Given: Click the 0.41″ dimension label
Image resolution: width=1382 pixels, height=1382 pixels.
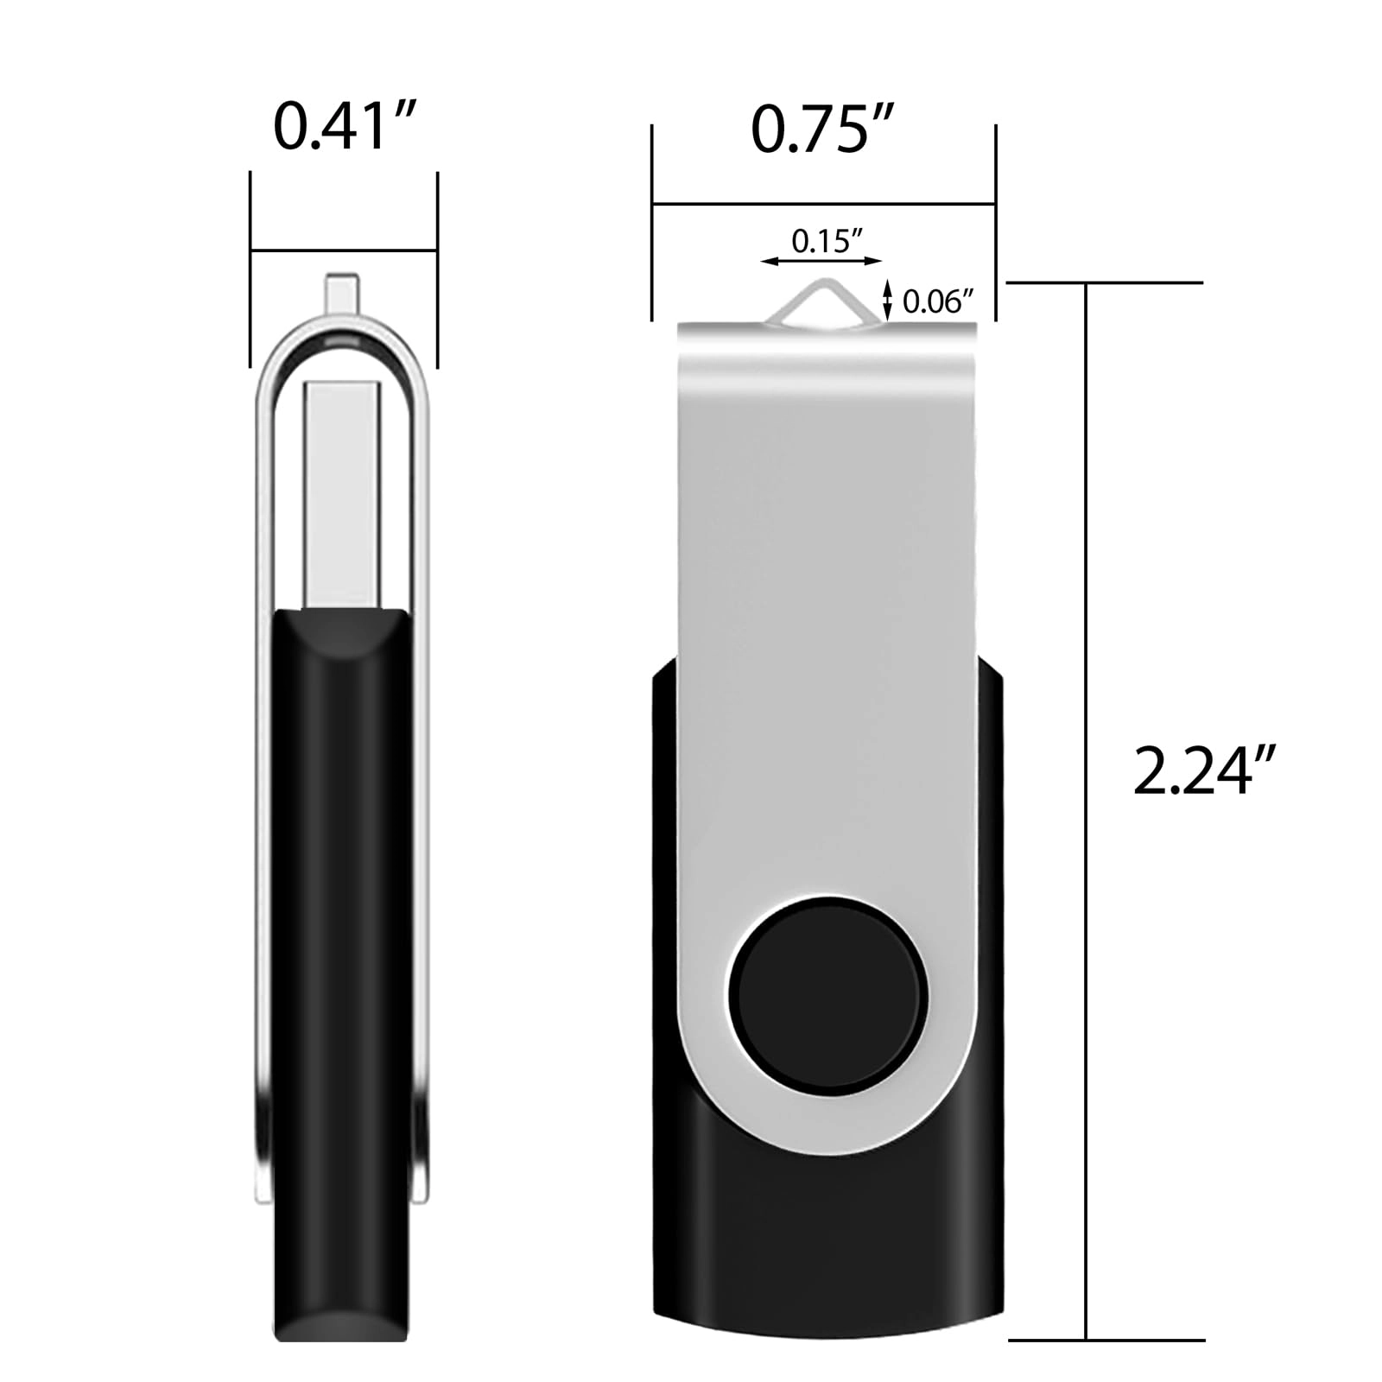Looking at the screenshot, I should (345, 127).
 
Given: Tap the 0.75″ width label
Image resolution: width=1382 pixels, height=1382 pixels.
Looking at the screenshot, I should (821, 130).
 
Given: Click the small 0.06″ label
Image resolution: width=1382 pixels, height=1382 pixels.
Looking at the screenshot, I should (938, 302).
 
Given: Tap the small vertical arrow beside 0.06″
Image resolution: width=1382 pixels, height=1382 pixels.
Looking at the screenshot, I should (885, 300).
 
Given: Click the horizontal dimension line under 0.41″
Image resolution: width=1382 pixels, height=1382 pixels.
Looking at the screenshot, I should (343, 251).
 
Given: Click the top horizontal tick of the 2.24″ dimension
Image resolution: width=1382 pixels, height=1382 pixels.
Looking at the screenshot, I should (1106, 282).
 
